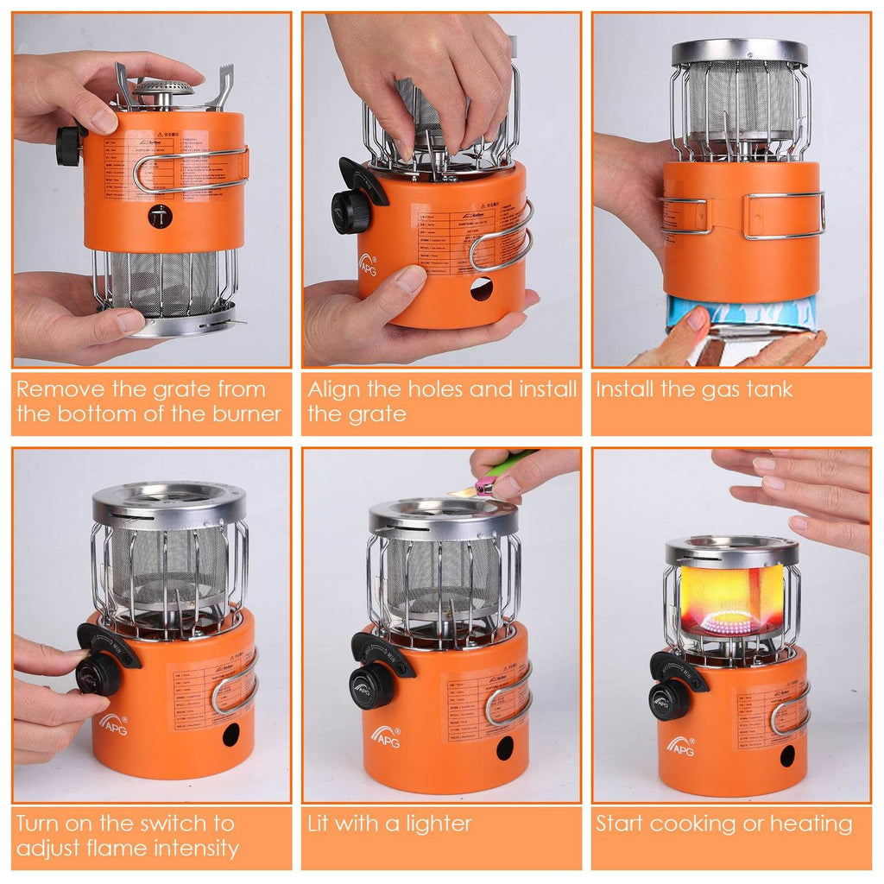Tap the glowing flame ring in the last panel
[x=731, y=622]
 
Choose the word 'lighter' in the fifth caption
[x=439, y=824]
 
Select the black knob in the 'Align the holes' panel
[x=350, y=211]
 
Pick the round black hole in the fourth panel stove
[x=231, y=735]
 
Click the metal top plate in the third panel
[x=740, y=52]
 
